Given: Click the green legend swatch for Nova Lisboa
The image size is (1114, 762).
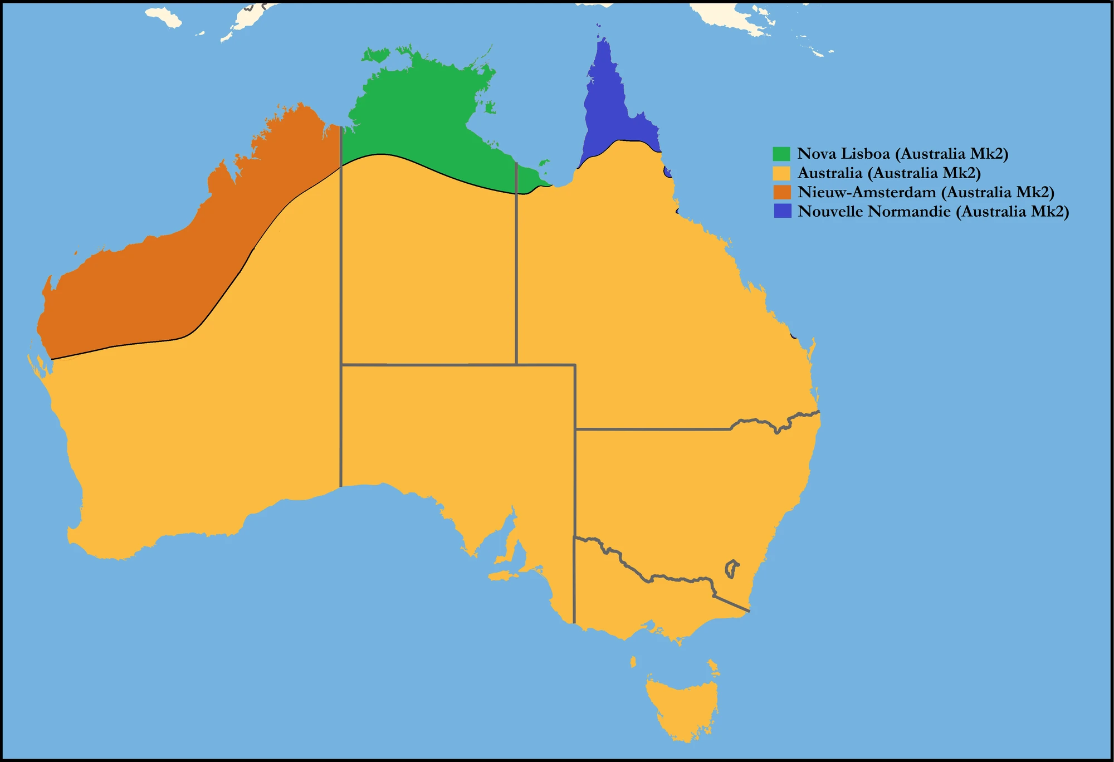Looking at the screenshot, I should click(781, 154).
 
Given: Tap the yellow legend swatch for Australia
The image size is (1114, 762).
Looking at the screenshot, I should click(781, 173).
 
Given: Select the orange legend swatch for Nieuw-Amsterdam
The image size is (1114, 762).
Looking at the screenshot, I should click(781, 192).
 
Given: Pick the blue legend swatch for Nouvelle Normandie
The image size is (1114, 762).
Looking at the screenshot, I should click(782, 211).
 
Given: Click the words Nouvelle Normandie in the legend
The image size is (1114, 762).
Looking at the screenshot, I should click(874, 212).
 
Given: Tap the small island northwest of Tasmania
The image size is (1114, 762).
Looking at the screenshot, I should click(633, 662).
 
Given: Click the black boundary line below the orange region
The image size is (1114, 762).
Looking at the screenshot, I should click(123, 345).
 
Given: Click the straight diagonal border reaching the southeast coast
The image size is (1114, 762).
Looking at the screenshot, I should click(732, 604).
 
